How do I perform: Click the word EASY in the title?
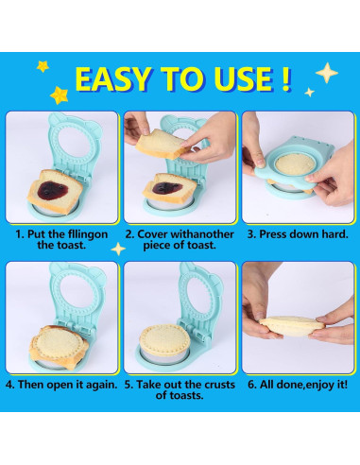tap(112, 79)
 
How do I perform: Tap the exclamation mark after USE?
tap(285, 78)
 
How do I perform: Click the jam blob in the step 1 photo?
tap(52, 189)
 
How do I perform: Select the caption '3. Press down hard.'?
tap(298, 234)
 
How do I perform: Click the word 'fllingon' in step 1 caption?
tap(88, 234)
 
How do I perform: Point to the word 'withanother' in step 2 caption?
tap(202, 234)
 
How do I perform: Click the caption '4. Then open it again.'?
tap(61, 385)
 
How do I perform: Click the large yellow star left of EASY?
tap(59, 95)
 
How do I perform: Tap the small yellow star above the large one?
tap(43, 66)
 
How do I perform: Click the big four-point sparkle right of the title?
tap(327, 73)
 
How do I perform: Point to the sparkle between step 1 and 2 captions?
tap(118, 249)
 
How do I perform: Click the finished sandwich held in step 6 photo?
tap(291, 327)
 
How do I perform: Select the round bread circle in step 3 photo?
tap(295, 164)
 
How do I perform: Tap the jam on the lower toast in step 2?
tap(167, 188)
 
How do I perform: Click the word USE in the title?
tap(243, 79)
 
